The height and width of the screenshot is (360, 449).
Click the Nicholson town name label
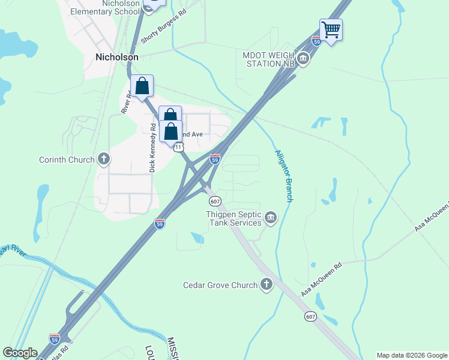(x=117, y=58)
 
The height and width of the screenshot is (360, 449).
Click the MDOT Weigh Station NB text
(x=269, y=59)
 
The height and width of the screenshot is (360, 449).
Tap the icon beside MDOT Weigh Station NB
(x=303, y=59)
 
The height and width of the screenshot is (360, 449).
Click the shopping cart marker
(x=331, y=29)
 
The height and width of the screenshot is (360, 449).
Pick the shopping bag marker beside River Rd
(x=142, y=87)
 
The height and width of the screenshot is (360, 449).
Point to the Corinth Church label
(x=67, y=160)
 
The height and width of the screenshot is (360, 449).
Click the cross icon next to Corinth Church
(x=104, y=160)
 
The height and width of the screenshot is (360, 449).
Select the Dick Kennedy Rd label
(x=153, y=148)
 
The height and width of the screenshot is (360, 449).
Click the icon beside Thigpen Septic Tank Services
(x=271, y=217)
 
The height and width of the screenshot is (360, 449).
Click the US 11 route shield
(x=178, y=147)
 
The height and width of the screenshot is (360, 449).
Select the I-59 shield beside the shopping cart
(x=316, y=41)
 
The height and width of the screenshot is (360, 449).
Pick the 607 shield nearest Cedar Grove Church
(x=310, y=316)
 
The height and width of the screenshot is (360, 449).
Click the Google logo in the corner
(x=20, y=353)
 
